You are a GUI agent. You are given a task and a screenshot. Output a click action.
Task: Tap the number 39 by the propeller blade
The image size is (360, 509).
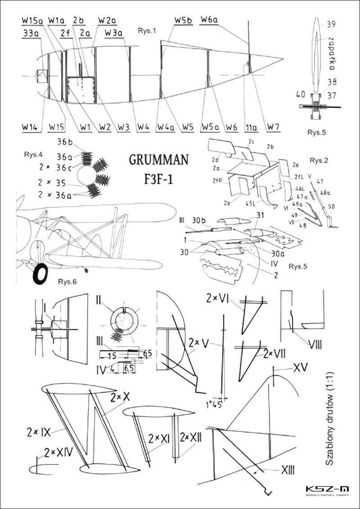point(331,25)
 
